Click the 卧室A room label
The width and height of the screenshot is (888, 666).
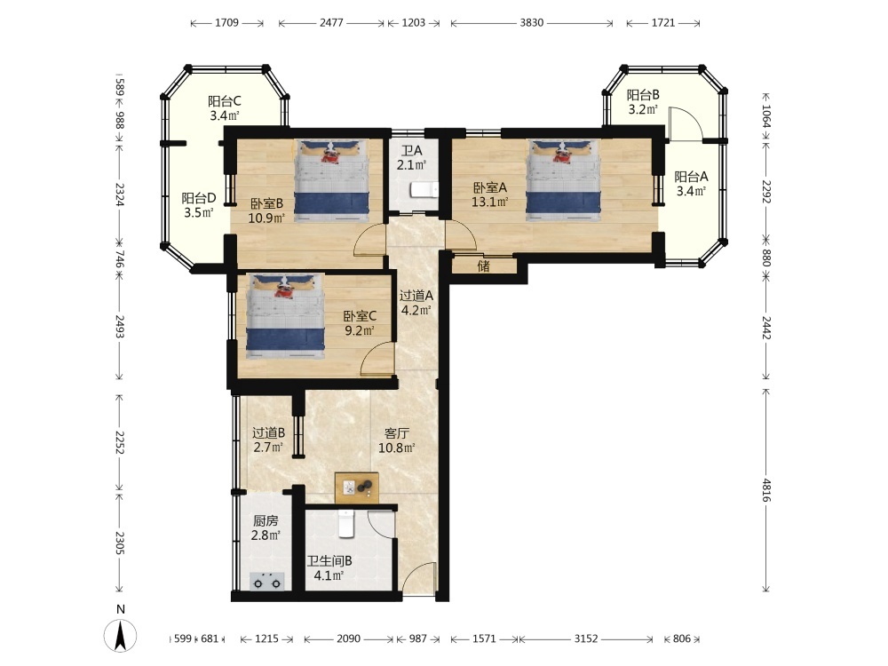click(x=490, y=194)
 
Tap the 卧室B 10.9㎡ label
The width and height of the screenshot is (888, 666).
click(x=266, y=210)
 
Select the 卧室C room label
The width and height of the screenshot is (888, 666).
click(x=360, y=323)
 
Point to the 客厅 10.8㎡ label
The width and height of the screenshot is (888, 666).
click(x=396, y=440)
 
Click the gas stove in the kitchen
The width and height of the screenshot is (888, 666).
click(x=267, y=581)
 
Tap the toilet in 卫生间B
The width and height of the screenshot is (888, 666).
click(x=346, y=523)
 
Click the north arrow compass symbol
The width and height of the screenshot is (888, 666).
click(x=120, y=636)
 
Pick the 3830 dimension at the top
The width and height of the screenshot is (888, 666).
click(x=531, y=23)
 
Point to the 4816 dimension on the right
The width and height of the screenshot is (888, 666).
click(x=767, y=489)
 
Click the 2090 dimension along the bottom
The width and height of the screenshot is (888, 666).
click(x=348, y=638)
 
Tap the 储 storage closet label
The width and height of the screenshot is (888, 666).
click(x=483, y=266)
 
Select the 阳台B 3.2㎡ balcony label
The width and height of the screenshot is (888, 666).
click(x=643, y=102)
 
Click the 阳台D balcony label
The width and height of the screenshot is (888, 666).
click(x=199, y=198)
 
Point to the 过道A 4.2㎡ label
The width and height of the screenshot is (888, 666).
click(x=416, y=303)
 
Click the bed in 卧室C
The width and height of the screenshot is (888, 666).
click(x=286, y=317)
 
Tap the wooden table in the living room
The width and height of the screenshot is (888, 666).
click(x=357, y=488)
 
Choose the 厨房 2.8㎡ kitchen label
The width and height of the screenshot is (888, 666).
click(x=266, y=527)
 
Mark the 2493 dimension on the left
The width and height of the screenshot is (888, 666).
click(x=120, y=327)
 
